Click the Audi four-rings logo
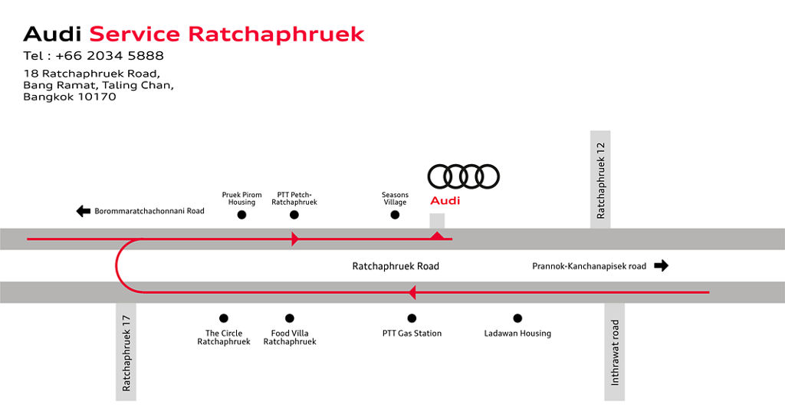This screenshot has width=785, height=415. [x=464, y=176]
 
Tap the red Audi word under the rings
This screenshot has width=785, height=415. [x=445, y=201]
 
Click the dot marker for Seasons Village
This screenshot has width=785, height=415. [x=395, y=215]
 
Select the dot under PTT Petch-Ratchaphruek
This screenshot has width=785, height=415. [x=294, y=215]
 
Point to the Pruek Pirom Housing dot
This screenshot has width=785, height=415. [x=241, y=215]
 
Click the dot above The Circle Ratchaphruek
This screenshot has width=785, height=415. [x=224, y=318]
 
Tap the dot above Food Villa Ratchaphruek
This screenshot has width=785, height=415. [x=290, y=318]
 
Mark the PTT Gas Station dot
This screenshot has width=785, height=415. [x=412, y=318]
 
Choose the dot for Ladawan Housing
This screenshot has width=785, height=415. [x=517, y=318]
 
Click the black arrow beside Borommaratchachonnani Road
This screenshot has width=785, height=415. [x=83, y=211]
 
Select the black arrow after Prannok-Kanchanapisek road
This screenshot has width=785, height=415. [x=662, y=265]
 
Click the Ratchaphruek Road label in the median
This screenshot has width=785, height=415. [x=396, y=266]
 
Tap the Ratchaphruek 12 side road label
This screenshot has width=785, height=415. [x=601, y=180]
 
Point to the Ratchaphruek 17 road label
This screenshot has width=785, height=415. [x=126, y=354]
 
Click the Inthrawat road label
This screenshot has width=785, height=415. [x=615, y=353]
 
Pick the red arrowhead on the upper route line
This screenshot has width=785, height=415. [x=295, y=239]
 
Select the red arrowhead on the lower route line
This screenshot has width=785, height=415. [x=412, y=292]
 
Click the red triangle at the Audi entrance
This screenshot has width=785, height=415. [x=437, y=235]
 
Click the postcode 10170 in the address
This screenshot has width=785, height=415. [x=97, y=97]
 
